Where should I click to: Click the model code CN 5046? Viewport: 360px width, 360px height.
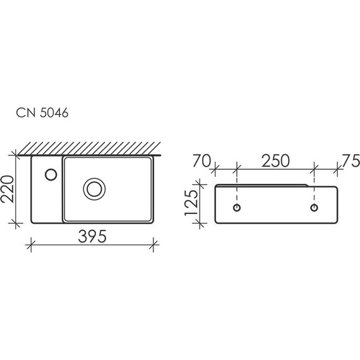pos(42,112)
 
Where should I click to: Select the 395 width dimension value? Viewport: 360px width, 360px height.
pos(92,236)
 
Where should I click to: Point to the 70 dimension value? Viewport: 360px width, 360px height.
pos(201,160)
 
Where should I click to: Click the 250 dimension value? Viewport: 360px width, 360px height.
pos(275,160)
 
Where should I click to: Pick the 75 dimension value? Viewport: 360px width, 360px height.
pos(351,160)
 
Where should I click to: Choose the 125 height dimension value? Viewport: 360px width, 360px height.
pos(191,202)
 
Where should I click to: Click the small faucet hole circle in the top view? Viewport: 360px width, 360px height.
pos(51,174)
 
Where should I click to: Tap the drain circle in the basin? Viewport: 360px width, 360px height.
pos(94,189)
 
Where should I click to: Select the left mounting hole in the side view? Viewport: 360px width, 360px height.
pos(237,208)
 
